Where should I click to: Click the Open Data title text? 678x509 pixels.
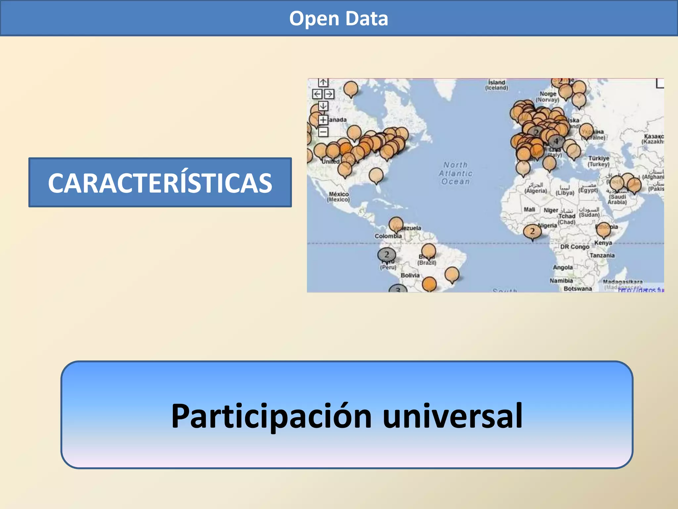339,19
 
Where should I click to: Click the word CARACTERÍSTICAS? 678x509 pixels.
160,183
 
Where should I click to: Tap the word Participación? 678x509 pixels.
271,416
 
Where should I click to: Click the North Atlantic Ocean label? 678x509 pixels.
456,173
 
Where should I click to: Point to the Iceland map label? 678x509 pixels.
497,85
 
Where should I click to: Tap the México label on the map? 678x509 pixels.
338,197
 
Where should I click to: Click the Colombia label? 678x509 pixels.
388,236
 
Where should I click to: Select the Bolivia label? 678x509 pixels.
410,275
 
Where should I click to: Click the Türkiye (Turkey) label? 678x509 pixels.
599,161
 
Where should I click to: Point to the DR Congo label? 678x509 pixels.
575,247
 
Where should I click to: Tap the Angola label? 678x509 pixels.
562,267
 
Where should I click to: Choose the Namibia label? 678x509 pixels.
561,281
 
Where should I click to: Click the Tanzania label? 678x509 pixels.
602,255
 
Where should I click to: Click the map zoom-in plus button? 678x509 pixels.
323,120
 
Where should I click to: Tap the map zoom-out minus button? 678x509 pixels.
323,132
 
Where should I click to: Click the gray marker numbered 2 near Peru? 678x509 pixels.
386,254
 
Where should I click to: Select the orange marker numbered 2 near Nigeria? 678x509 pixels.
532,231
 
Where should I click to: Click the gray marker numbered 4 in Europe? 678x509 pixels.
556,141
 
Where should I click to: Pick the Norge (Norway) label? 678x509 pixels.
548,96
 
